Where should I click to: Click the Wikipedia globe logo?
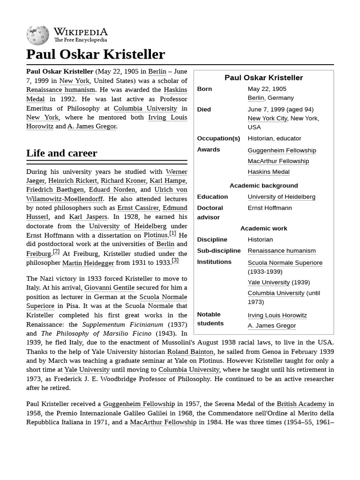coord(37,35)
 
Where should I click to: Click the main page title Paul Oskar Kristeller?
coord(96,54)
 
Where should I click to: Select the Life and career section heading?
coord(61,153)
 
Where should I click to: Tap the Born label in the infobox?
coord(204,89)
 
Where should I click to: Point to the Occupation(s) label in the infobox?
coord(218,138)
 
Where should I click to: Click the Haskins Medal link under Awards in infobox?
coord(269,172)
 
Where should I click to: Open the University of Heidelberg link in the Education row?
coord(281,197)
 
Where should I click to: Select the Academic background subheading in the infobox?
coord(263,186)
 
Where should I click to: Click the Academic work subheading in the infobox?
coord(263,228)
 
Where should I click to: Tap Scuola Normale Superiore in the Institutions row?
coord(285,262)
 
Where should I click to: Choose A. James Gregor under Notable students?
coord(272,326)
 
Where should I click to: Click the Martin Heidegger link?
coord(88,263)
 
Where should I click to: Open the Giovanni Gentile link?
coord(109,287)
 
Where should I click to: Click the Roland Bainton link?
coord(190,351)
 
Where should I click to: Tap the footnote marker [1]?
coord(172,233)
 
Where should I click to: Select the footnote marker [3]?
coord(175,261)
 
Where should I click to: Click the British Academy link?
coord(301,404)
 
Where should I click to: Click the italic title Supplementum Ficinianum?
coord(123,324)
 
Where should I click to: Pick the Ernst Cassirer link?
coord(138,208)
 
